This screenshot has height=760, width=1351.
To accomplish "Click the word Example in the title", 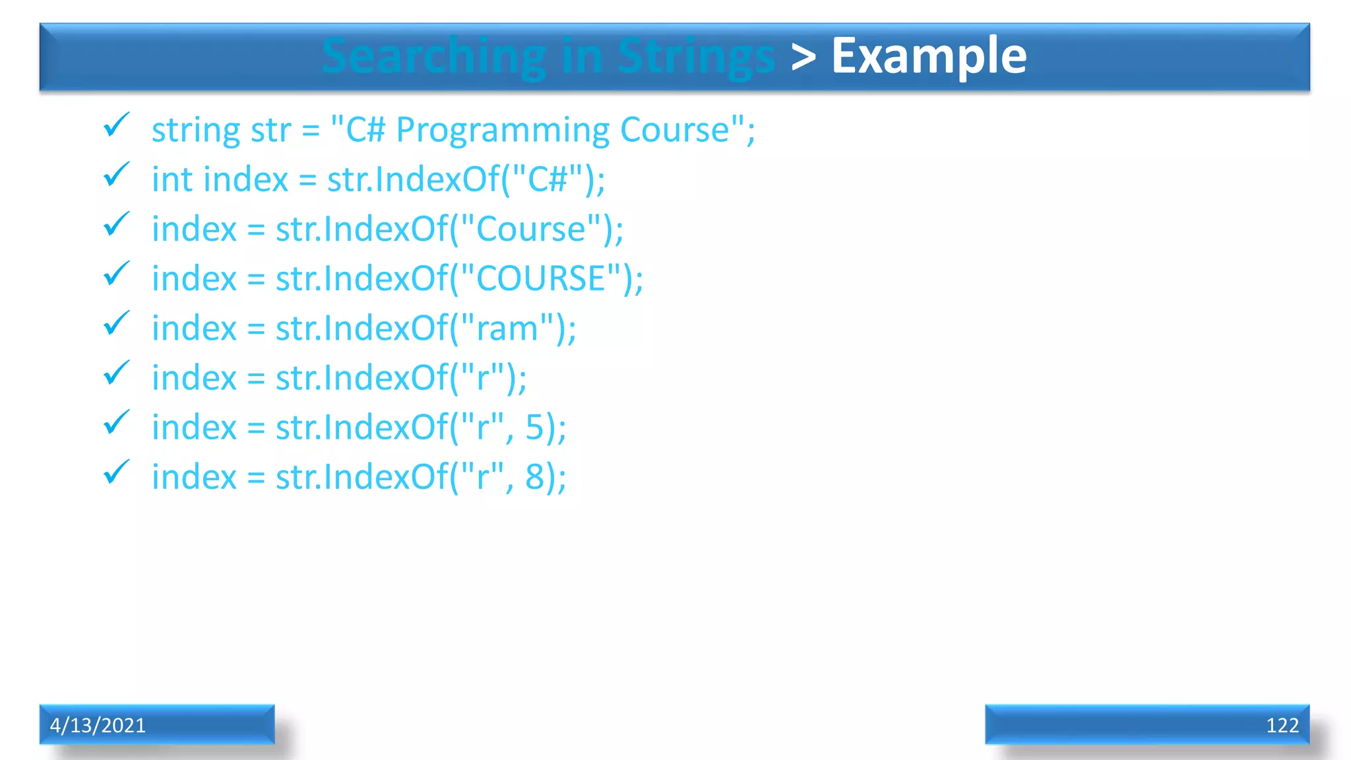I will (929, 57).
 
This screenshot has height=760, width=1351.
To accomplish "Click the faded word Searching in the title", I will (433, 57).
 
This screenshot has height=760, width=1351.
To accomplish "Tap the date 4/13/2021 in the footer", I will (98, 725).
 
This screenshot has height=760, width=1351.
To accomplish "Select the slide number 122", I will (1282, 725).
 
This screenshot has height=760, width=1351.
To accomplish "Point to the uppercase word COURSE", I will (540, 278).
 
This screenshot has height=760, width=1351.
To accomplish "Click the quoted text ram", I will (507, 329).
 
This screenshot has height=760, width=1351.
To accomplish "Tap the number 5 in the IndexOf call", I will (534, 427).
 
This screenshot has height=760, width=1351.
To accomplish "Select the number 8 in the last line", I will (534, 477).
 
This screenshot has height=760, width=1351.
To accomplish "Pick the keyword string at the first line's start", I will (195, 130).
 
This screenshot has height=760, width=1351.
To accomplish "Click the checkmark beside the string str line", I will (116, 125).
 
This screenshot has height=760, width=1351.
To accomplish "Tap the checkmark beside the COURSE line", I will (116, 273).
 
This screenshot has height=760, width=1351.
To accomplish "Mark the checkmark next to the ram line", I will (116, 323).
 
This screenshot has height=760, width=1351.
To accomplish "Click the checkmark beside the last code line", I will (116, 472).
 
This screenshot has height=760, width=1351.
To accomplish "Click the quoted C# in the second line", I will (548, 179).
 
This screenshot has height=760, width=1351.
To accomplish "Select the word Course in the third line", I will (530, 230).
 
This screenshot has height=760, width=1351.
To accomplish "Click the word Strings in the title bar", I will (696, 57).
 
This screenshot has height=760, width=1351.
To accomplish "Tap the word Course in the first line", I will (675, 130).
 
